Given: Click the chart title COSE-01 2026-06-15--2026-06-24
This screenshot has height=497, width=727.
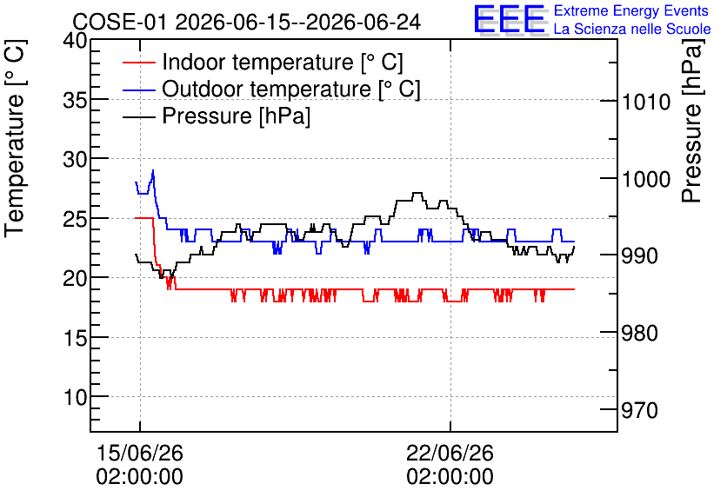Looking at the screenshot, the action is (247, 22).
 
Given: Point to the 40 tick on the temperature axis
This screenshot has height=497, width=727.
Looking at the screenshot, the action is (75, 41).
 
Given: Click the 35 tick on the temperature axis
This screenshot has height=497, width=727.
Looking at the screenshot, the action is (75, 100).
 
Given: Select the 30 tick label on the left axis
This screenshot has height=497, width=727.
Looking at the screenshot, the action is (75, 160).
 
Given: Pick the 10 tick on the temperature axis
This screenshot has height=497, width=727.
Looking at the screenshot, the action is (75, 397).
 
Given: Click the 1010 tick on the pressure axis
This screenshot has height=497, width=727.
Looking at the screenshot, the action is (646, 102).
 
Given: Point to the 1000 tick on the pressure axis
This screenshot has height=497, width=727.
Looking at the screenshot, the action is (646, 179).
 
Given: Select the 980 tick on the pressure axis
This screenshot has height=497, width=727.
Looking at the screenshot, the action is (639, 333).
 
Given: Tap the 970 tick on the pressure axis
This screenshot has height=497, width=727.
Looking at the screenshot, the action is (639, 410).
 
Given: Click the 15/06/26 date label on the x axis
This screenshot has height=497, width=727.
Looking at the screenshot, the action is (139, 453).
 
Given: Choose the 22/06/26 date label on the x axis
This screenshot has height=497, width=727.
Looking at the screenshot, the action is (450, 453).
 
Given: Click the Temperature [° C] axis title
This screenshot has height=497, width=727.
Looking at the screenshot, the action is (15, 138).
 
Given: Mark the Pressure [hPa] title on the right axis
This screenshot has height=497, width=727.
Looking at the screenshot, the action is (693, 121).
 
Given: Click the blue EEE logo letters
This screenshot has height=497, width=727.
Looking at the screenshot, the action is (509, 19).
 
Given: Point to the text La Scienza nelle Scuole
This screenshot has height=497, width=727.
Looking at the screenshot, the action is (632, 30).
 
